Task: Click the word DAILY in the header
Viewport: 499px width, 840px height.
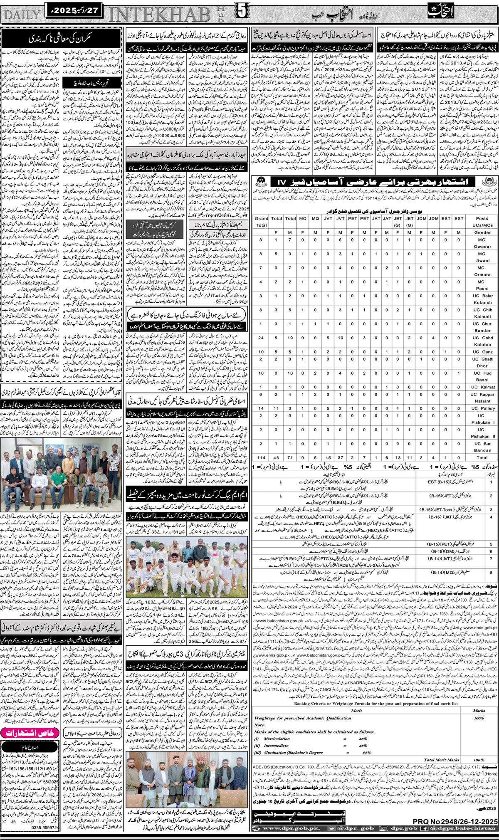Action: [21, 15]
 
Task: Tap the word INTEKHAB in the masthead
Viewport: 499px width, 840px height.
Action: [160, 15]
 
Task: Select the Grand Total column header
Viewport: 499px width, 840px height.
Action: [261, 221]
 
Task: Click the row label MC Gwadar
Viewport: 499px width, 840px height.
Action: [482, 243]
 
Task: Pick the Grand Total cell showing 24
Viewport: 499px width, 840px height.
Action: [261, 338]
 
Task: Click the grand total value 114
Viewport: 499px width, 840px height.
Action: [261, 457]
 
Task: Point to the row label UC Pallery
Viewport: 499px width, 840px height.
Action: [482, 408]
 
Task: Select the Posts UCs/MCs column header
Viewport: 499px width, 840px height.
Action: [482, 221]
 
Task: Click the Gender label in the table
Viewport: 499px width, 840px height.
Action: [482, 232]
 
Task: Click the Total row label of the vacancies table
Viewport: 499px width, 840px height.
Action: [482, 457]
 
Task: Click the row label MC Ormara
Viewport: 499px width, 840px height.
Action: [482, 271]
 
